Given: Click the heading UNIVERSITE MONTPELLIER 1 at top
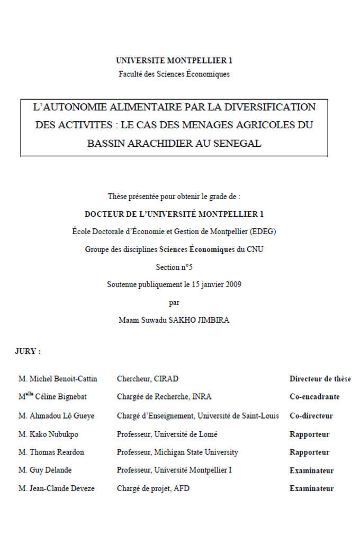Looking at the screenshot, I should click(174, 61).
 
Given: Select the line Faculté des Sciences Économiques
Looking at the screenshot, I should click(174, 74).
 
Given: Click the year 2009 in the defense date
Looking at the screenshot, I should click(233, 285).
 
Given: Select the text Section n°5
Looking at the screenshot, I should click(174, 267).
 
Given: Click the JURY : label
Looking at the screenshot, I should click(28, 351).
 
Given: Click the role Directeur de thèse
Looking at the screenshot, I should click(320, 379).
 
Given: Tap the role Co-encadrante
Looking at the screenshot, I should click(314, 397).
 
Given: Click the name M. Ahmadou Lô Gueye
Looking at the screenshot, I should click(56, 416).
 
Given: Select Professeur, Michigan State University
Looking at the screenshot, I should click(177, 452).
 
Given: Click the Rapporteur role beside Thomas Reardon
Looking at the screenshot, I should click(309, 452).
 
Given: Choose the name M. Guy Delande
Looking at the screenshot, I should click(45, 470).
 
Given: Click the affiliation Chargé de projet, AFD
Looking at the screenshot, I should click(153, 488).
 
